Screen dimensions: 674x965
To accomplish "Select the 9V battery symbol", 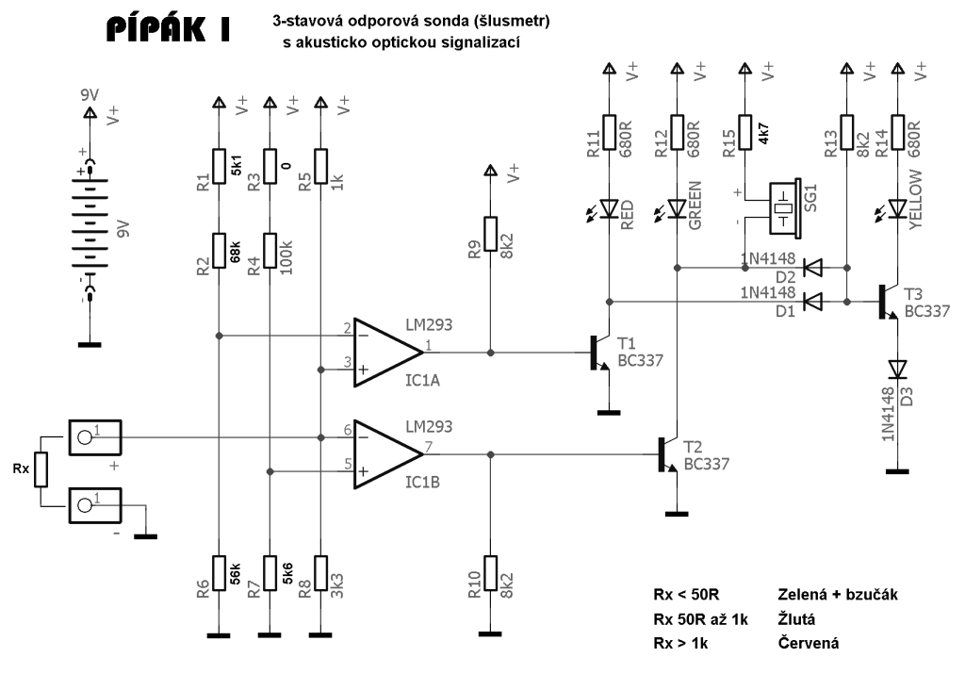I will pos(90,227).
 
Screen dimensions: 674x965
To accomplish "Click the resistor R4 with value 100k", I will pos(270,251).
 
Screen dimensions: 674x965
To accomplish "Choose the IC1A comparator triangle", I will pos(386,352).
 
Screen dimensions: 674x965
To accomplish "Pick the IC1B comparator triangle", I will pos(386,454).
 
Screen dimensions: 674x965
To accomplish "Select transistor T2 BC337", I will pos(666,454).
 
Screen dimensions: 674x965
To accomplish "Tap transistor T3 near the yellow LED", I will pos(887,301).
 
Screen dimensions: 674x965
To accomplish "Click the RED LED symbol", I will pos(610,207).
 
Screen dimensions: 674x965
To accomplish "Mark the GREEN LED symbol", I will pos(677,207).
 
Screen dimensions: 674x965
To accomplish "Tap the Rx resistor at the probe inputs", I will pos(40,467).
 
